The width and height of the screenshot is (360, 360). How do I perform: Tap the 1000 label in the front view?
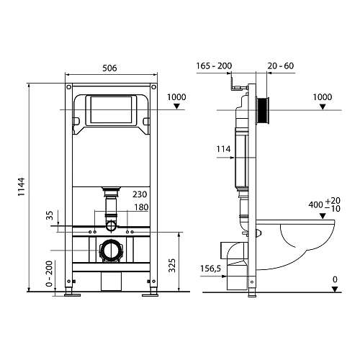[x=176, y=96]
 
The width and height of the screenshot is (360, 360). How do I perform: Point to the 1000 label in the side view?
[x=323, y=96]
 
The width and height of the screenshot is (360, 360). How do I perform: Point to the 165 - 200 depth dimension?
[x=213, y=66]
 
